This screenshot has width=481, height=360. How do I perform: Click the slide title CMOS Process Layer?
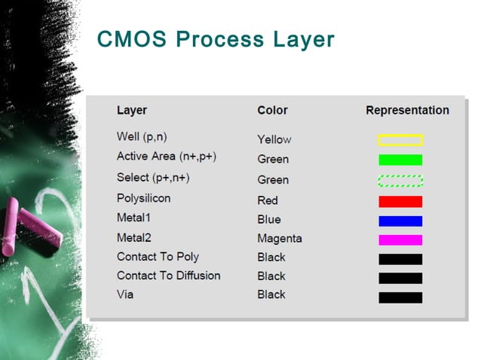point(216,39)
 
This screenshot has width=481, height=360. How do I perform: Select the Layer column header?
point(132,110)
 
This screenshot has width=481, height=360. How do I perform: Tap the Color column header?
point(272,110)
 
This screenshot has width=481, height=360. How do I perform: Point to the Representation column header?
point(407,110)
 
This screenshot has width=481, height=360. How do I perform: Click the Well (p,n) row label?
point(142,136)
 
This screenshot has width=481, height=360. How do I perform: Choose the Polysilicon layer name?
point(143,198)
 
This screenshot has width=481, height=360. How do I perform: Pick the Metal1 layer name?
point(135,218)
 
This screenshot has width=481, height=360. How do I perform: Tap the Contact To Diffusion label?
point(168,276)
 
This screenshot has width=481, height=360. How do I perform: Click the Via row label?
point(125,294)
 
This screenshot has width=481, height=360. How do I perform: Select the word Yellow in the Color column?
point(274,139)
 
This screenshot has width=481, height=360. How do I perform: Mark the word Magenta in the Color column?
point(279,238)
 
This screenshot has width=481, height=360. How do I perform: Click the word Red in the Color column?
point(268,200)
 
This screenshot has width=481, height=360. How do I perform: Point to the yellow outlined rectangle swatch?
point(400,140)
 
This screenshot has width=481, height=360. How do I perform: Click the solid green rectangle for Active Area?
point(400,160)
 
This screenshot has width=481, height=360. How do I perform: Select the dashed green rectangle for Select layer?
point(400,181)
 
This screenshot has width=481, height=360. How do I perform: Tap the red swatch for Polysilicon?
point(400,202)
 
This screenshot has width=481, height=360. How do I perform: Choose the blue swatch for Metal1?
point(400,221)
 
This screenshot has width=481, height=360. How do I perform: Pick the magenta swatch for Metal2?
point(400,239)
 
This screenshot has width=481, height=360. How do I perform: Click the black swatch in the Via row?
point(400,297)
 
